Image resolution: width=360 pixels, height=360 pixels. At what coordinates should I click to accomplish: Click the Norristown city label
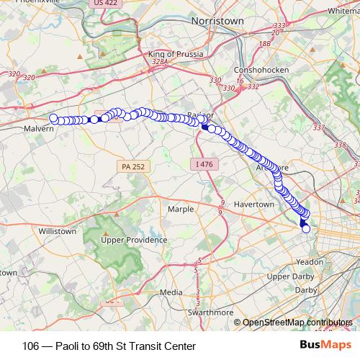point(217,21)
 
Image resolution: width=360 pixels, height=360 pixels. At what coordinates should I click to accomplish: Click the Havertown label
point(254,204)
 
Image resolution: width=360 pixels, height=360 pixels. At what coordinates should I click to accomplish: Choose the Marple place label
point(180,209)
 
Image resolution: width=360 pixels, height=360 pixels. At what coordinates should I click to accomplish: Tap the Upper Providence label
point(134,240)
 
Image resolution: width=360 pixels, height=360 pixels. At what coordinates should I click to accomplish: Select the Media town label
point(171,292)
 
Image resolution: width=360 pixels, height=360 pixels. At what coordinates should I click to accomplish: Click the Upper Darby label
point(288,276)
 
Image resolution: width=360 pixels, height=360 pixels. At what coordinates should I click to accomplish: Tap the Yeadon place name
point(310,262)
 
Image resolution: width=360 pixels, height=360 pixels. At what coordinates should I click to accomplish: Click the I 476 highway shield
point(204,164)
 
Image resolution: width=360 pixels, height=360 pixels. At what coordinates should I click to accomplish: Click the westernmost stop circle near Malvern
point(53,118)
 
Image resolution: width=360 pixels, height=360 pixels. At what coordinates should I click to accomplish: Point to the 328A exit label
point(160,63)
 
